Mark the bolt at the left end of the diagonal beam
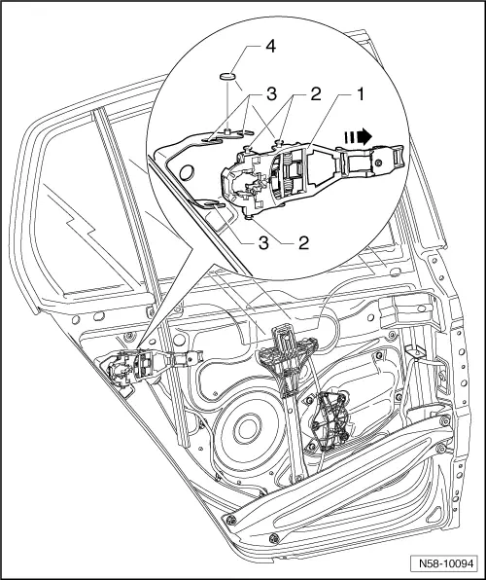pyautogui.click(x=231, y=525)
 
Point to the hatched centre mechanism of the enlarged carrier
pyautogui.click(x=286, y=177)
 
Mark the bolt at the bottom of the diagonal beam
pyautogui.click(x=231, y=525)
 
